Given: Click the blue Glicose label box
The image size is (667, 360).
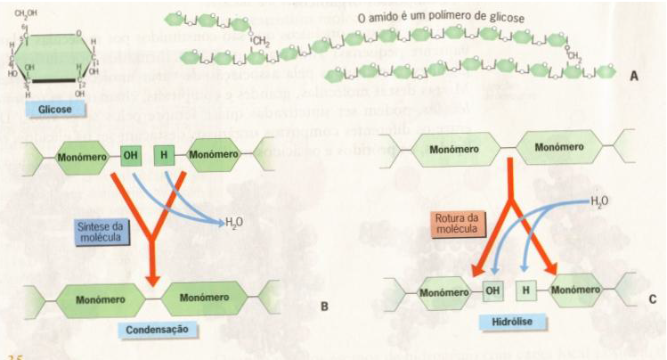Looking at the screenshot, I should [49, 110].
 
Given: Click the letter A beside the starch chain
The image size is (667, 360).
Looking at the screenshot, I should [634, 77].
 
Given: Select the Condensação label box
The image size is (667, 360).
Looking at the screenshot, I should [157, 329].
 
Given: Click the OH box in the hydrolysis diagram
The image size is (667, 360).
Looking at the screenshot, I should [492, 290].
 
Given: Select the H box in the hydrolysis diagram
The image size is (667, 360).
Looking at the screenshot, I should [526, 290].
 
